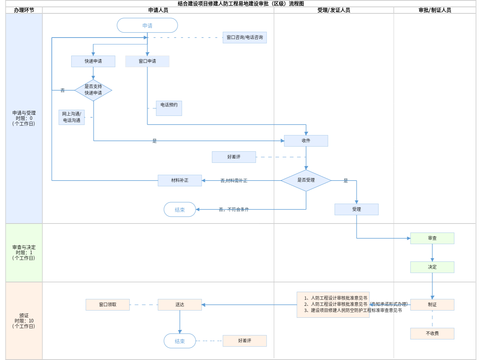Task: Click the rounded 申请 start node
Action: click(x=147, y=26)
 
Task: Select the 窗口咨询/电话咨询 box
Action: click(x=245, y=38)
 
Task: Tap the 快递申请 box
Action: click(x=93, y=61)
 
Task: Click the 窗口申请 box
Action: click(x=147, y=61)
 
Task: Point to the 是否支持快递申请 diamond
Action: click(x=93, y=90)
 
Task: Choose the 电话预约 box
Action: click(x=169, y=108)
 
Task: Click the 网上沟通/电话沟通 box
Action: click(x=71, y=117)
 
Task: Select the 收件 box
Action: click(x=306, y=141)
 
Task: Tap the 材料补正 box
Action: click(x=180, y=180)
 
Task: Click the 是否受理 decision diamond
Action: click(x=306, y=180)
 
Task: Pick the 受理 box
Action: click(x=356, y=209)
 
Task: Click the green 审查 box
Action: click(x=432, y=238)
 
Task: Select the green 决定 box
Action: click(x=432, y=267)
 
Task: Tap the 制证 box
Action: click(x=432, y=305)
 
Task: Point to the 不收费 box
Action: click(x=432, y=334)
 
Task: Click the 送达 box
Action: click(x=180, y=305)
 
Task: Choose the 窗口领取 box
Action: click(x=108, y=305)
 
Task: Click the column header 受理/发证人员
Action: click(x=334, y=10)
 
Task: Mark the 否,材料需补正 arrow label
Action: click(x=234, y=181)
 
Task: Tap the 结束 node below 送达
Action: click(x=180, y=341)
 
